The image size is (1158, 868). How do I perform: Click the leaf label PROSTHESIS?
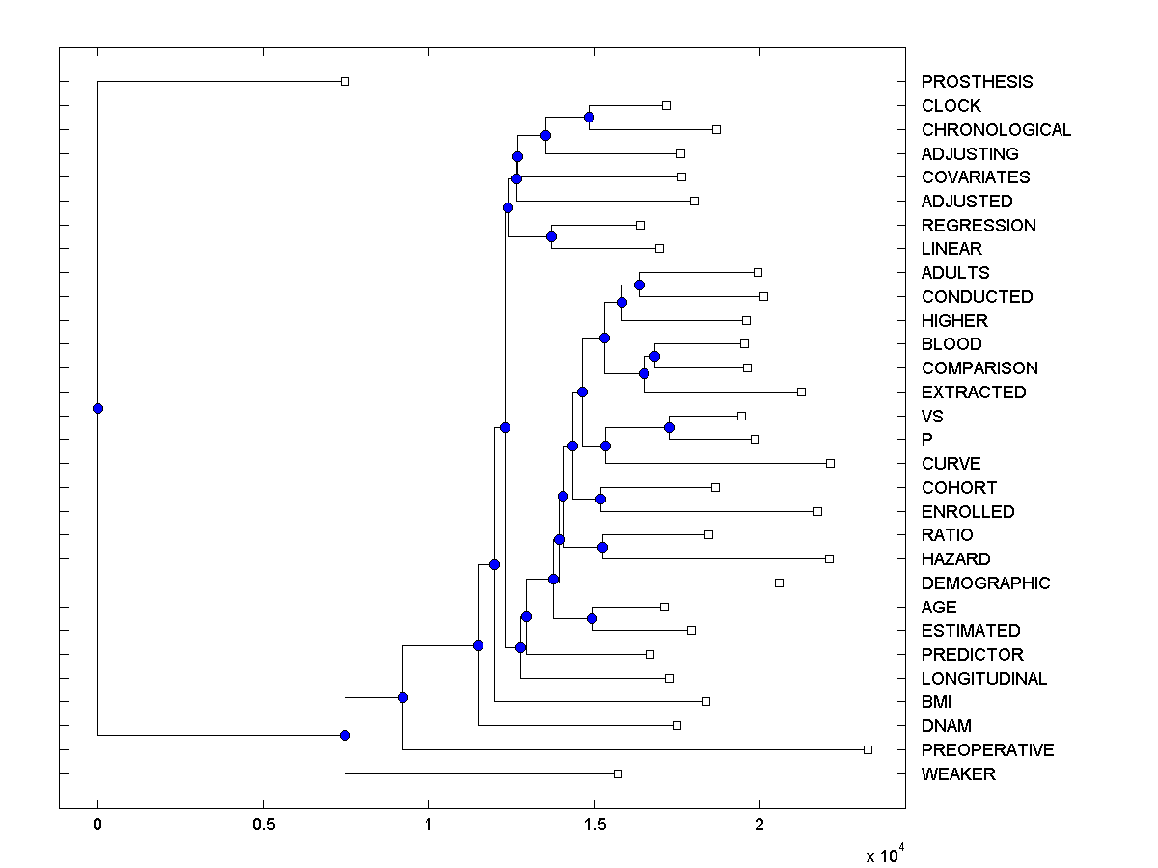tap(977, 82)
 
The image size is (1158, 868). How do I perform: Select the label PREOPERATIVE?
tap(987, 750)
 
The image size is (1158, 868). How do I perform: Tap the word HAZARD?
tap(955, 559)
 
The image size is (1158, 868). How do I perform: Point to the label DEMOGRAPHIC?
tap(985, 583)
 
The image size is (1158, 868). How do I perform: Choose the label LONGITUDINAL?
tap(983, 679)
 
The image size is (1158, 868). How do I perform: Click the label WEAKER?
tap(958, 774)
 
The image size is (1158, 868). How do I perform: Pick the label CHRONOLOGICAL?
tap(996, 130)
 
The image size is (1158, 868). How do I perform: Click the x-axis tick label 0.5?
tap(263, 827)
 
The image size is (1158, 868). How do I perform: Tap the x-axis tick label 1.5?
tap(594, 827)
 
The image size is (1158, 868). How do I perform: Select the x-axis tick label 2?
tap(760, 827)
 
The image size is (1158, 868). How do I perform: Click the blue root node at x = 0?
tap(97, 408)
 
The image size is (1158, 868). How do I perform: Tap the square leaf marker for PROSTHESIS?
tap(345, 81)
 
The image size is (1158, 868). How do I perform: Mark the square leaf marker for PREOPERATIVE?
tap(868, 749)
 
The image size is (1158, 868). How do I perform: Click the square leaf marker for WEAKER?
tap(619, 773)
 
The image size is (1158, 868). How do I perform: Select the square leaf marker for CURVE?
tap(830, 463)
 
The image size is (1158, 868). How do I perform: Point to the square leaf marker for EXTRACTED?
tap(801, 392)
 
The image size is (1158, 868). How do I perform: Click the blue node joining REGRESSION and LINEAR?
tap(552, 236)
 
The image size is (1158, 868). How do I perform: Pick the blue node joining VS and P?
tap(669, 427)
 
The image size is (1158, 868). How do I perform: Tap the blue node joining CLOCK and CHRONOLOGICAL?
tap(590, 118)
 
